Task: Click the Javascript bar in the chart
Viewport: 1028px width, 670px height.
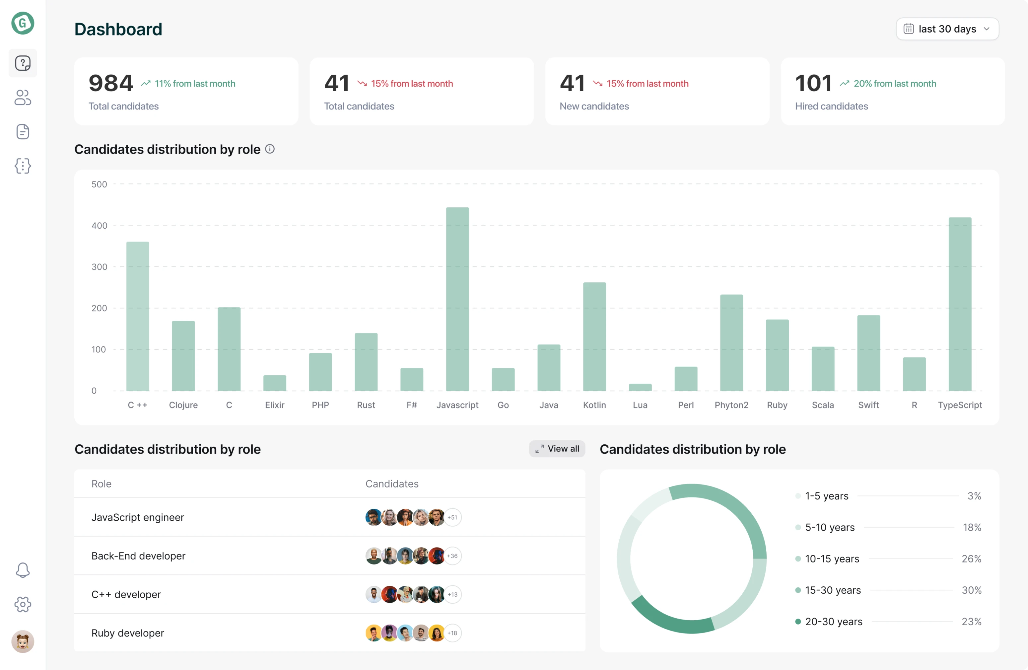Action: pos(457,299)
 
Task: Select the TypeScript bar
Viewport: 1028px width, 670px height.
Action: pos(960,304)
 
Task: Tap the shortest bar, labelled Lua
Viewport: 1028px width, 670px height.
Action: pos(640,387)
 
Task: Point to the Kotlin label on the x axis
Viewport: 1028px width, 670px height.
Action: pos(594,405)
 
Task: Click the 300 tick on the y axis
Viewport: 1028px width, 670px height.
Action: pos(99,266)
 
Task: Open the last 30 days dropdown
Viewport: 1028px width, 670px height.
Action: pos(947,29)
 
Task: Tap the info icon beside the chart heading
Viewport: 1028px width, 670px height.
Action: pos(270,149)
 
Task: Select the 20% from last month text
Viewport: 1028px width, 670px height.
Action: pos(895,83)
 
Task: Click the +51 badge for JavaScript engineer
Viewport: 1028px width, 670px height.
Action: pos(452,517)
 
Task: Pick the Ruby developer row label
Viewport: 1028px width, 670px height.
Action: pos(128,633)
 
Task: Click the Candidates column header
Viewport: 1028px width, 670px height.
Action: pos(392,484)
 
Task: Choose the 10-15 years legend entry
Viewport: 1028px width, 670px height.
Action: pos(832,558)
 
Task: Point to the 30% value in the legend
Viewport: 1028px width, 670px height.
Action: pos(971,590)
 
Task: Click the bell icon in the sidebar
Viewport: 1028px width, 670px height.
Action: pos(23,570)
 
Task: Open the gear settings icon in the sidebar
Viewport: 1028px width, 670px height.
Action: pos(23,604)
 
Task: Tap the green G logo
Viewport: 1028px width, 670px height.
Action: pos(23,23)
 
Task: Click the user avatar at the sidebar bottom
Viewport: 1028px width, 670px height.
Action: pos(23,641)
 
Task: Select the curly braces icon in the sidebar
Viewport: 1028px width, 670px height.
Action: pos(23,166)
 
